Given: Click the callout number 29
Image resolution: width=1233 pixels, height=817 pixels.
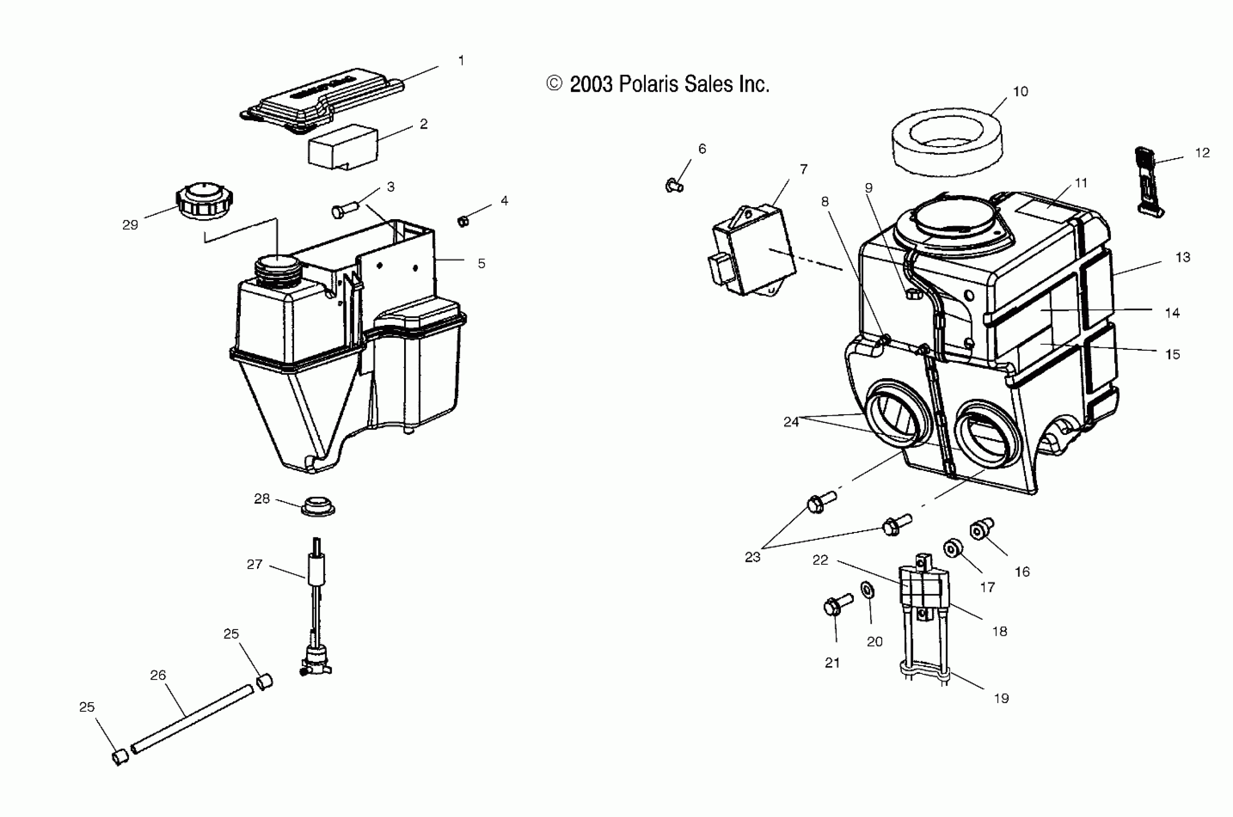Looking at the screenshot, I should (x=130, y=225).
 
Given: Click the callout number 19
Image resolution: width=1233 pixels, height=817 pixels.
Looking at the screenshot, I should (x=1001, y=699).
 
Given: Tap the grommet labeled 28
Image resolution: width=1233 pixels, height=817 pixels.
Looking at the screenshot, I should (x=318, y=507).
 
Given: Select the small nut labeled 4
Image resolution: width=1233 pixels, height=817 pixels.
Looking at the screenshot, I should (x=463, y=221).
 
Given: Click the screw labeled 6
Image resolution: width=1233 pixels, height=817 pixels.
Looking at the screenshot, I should (x=674, y=185).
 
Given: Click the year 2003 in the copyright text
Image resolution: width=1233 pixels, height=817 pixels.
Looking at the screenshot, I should (x=591, y=85).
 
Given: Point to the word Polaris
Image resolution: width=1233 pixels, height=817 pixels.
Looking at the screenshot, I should (x=648, y=85).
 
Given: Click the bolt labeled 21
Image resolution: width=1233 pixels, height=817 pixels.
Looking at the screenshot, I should (x=837, y=606).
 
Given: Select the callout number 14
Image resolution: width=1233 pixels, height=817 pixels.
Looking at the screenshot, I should (x=1172, y=313).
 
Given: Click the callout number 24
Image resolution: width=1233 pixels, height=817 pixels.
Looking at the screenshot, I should (x=791, y=422).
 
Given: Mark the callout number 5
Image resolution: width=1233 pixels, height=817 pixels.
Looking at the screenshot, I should (x=481, y=264).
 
